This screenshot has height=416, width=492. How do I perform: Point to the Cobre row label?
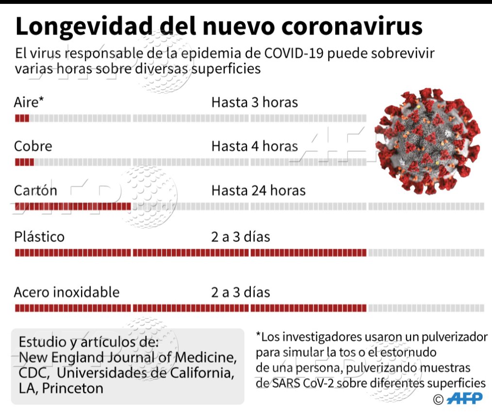pyautogui.click(x=33, y=146)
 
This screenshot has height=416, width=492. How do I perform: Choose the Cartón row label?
pyautogui.click(x=35, y=190)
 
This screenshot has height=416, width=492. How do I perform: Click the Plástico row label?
pyautogui.click(x=39, y=237)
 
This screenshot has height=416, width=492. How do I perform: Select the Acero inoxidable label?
pyautogui.click(x=66, y=292)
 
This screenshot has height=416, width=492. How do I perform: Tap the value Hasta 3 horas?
pyautogui.click(x=254, y=102)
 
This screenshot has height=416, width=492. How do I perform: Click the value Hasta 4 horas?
pyautogui.click(x=254, y=146)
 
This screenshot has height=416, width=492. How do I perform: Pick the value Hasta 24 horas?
pyautogui.click(x=258, y=190)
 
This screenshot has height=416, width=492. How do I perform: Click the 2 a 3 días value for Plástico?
pyautogui.click(x=240, y=237)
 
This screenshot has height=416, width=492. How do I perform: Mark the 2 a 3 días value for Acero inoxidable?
pyautogui.click(x=240, y=292)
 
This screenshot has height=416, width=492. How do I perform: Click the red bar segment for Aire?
pyautogui.click(x=22, y=118)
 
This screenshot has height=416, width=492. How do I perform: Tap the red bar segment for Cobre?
pyautogui.click(x=24, y=162)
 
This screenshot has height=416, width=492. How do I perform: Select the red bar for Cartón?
pyautogui.click(x=73, y=207)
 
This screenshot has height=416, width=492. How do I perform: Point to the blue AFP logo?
pyautogui.click(x=464, y=399)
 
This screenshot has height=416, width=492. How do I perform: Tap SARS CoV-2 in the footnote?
pyautogui.click(x=293, y=383)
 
